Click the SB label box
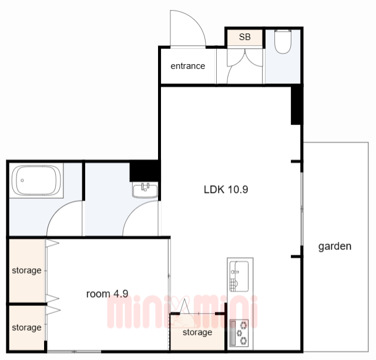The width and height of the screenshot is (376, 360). [x=244, y=37]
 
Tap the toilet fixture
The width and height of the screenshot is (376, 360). [x=283, y=41]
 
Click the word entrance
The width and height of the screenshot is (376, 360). [x=188, y=66]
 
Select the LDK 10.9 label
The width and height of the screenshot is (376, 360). [x=226, y=189]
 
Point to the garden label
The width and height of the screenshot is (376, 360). [x=335, y=246]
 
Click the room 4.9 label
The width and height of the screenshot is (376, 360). [x=107, y=294]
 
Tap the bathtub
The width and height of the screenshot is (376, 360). [x=36, y=181]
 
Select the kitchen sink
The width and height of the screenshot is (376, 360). [x=239, y=276]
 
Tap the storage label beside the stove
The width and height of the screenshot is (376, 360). [x=197, y=332]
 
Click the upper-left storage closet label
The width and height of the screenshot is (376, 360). [x=26, y=271]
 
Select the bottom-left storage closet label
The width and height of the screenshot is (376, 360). [x=26, y=328]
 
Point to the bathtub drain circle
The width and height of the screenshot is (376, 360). [x=22, y=181]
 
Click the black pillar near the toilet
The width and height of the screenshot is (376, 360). [x=296, y=106]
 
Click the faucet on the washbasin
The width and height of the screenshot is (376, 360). [x=145, y=187]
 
